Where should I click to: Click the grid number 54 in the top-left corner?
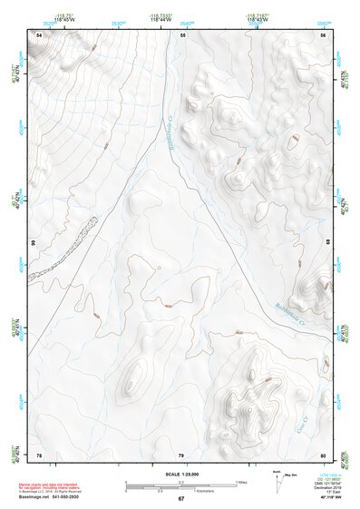point(38,34)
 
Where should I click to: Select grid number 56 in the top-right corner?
point(324,34)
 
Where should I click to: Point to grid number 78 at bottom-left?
point(38,454)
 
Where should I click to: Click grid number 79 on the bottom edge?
point(181,454)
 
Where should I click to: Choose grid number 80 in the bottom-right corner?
point(324,454)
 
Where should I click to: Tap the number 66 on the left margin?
point(34,243)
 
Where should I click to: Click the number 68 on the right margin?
point(327,243)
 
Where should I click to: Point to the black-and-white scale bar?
point(180,486)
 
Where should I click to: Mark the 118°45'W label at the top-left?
point(63,18)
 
